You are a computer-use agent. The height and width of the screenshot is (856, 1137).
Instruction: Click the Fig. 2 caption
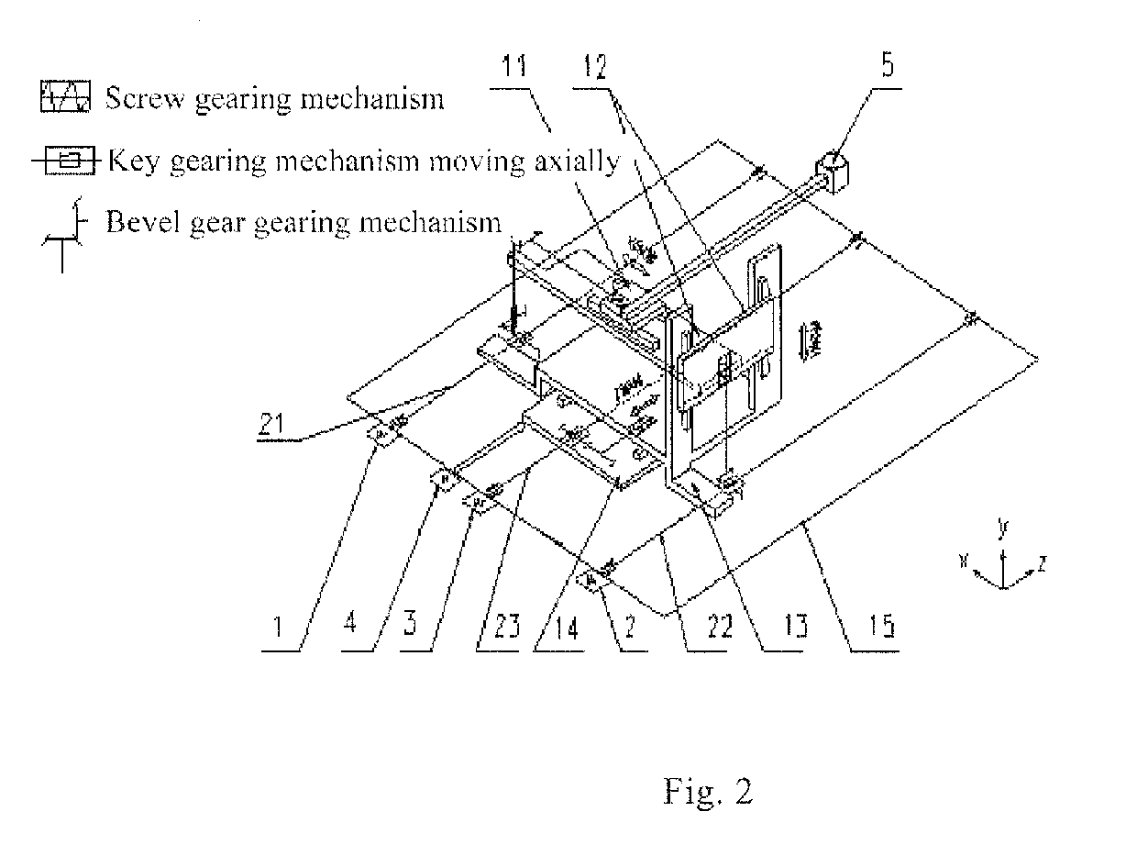pyautogui.click(x=707, y=791)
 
